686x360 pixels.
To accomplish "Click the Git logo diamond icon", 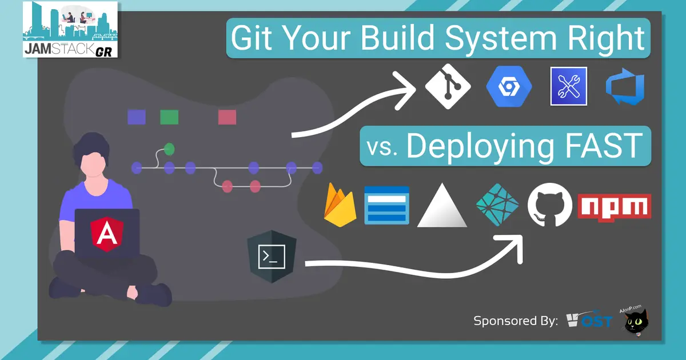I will [x=448, y=87].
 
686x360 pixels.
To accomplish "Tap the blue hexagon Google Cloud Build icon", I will [x=509, y=87].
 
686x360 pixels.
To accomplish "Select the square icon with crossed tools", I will [x=568, y=86].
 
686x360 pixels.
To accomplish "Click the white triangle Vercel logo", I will [x=443, y=207].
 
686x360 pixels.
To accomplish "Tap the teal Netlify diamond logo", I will [x=497, y=205].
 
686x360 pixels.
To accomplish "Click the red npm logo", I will [x=615, y=206].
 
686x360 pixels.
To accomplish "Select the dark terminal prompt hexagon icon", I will [x=270, y=257].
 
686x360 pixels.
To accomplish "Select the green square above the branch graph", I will [x=169, y=117].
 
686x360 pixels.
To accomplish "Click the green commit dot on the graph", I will [x=169, y=150].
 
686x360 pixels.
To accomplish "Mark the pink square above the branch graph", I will [x=227, y=117].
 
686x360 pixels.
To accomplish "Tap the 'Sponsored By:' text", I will [x=515, y=321].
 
